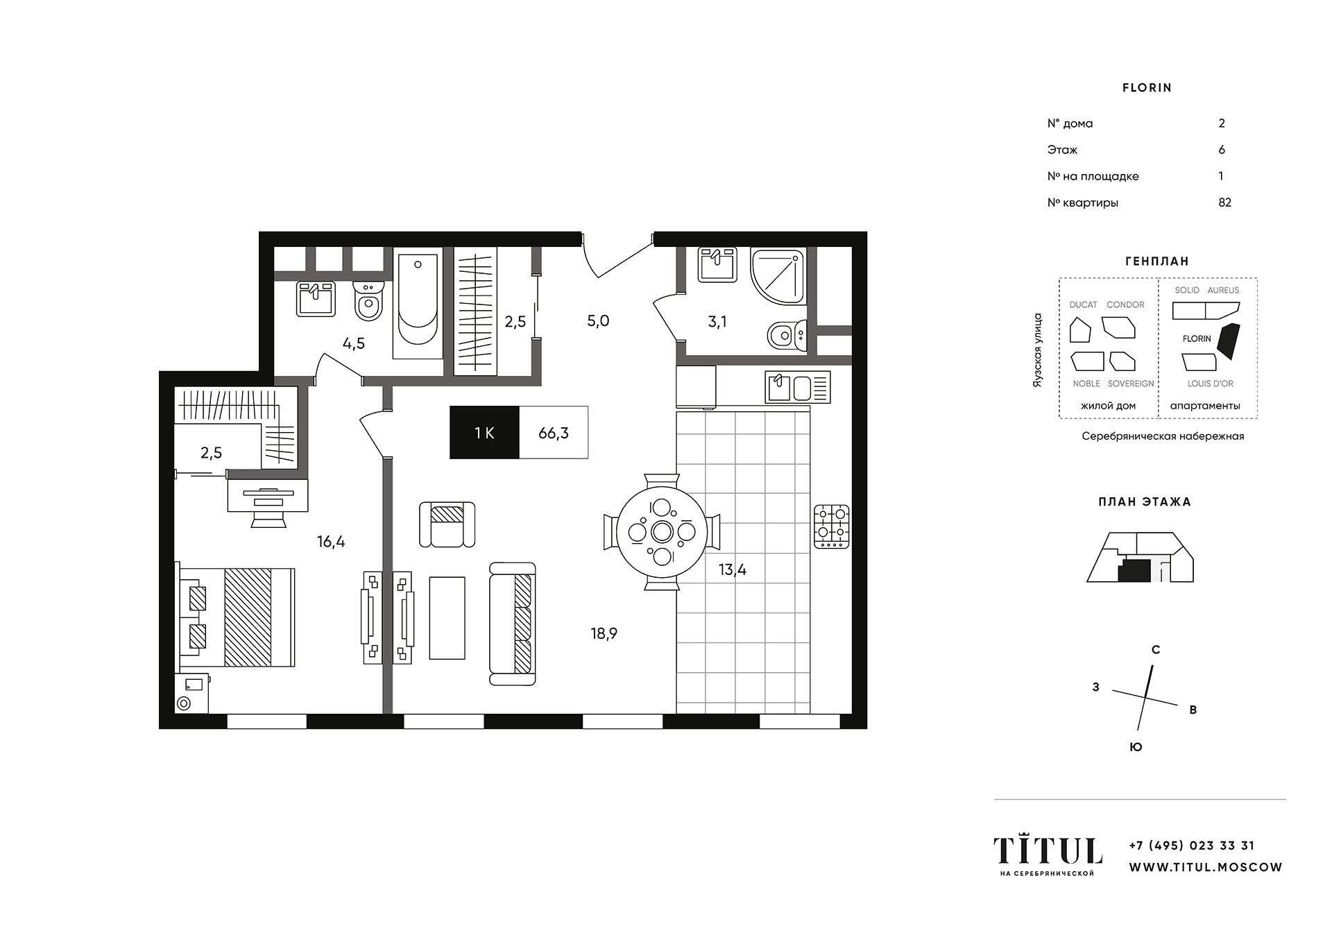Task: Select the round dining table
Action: tap(662, 532)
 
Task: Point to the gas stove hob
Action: tap(831, 526)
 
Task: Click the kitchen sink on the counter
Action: tap(798, 387)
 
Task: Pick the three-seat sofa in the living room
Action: tap(513, 624)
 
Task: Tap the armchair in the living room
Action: tap(447, 524)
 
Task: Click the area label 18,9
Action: tap(604, 633)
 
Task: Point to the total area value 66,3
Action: tap(554, 433)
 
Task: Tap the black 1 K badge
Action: tap(484, 432)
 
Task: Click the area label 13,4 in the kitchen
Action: tap(733, 569)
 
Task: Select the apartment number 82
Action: tap(1224, 203)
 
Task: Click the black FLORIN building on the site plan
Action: tap(1228, 341)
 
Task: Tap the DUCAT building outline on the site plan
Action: tap(1080, 330)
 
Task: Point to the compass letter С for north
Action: tap(1156, 650)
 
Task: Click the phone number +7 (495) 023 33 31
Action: tap(1192, 846)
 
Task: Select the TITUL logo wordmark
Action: tap(1048, 850)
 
